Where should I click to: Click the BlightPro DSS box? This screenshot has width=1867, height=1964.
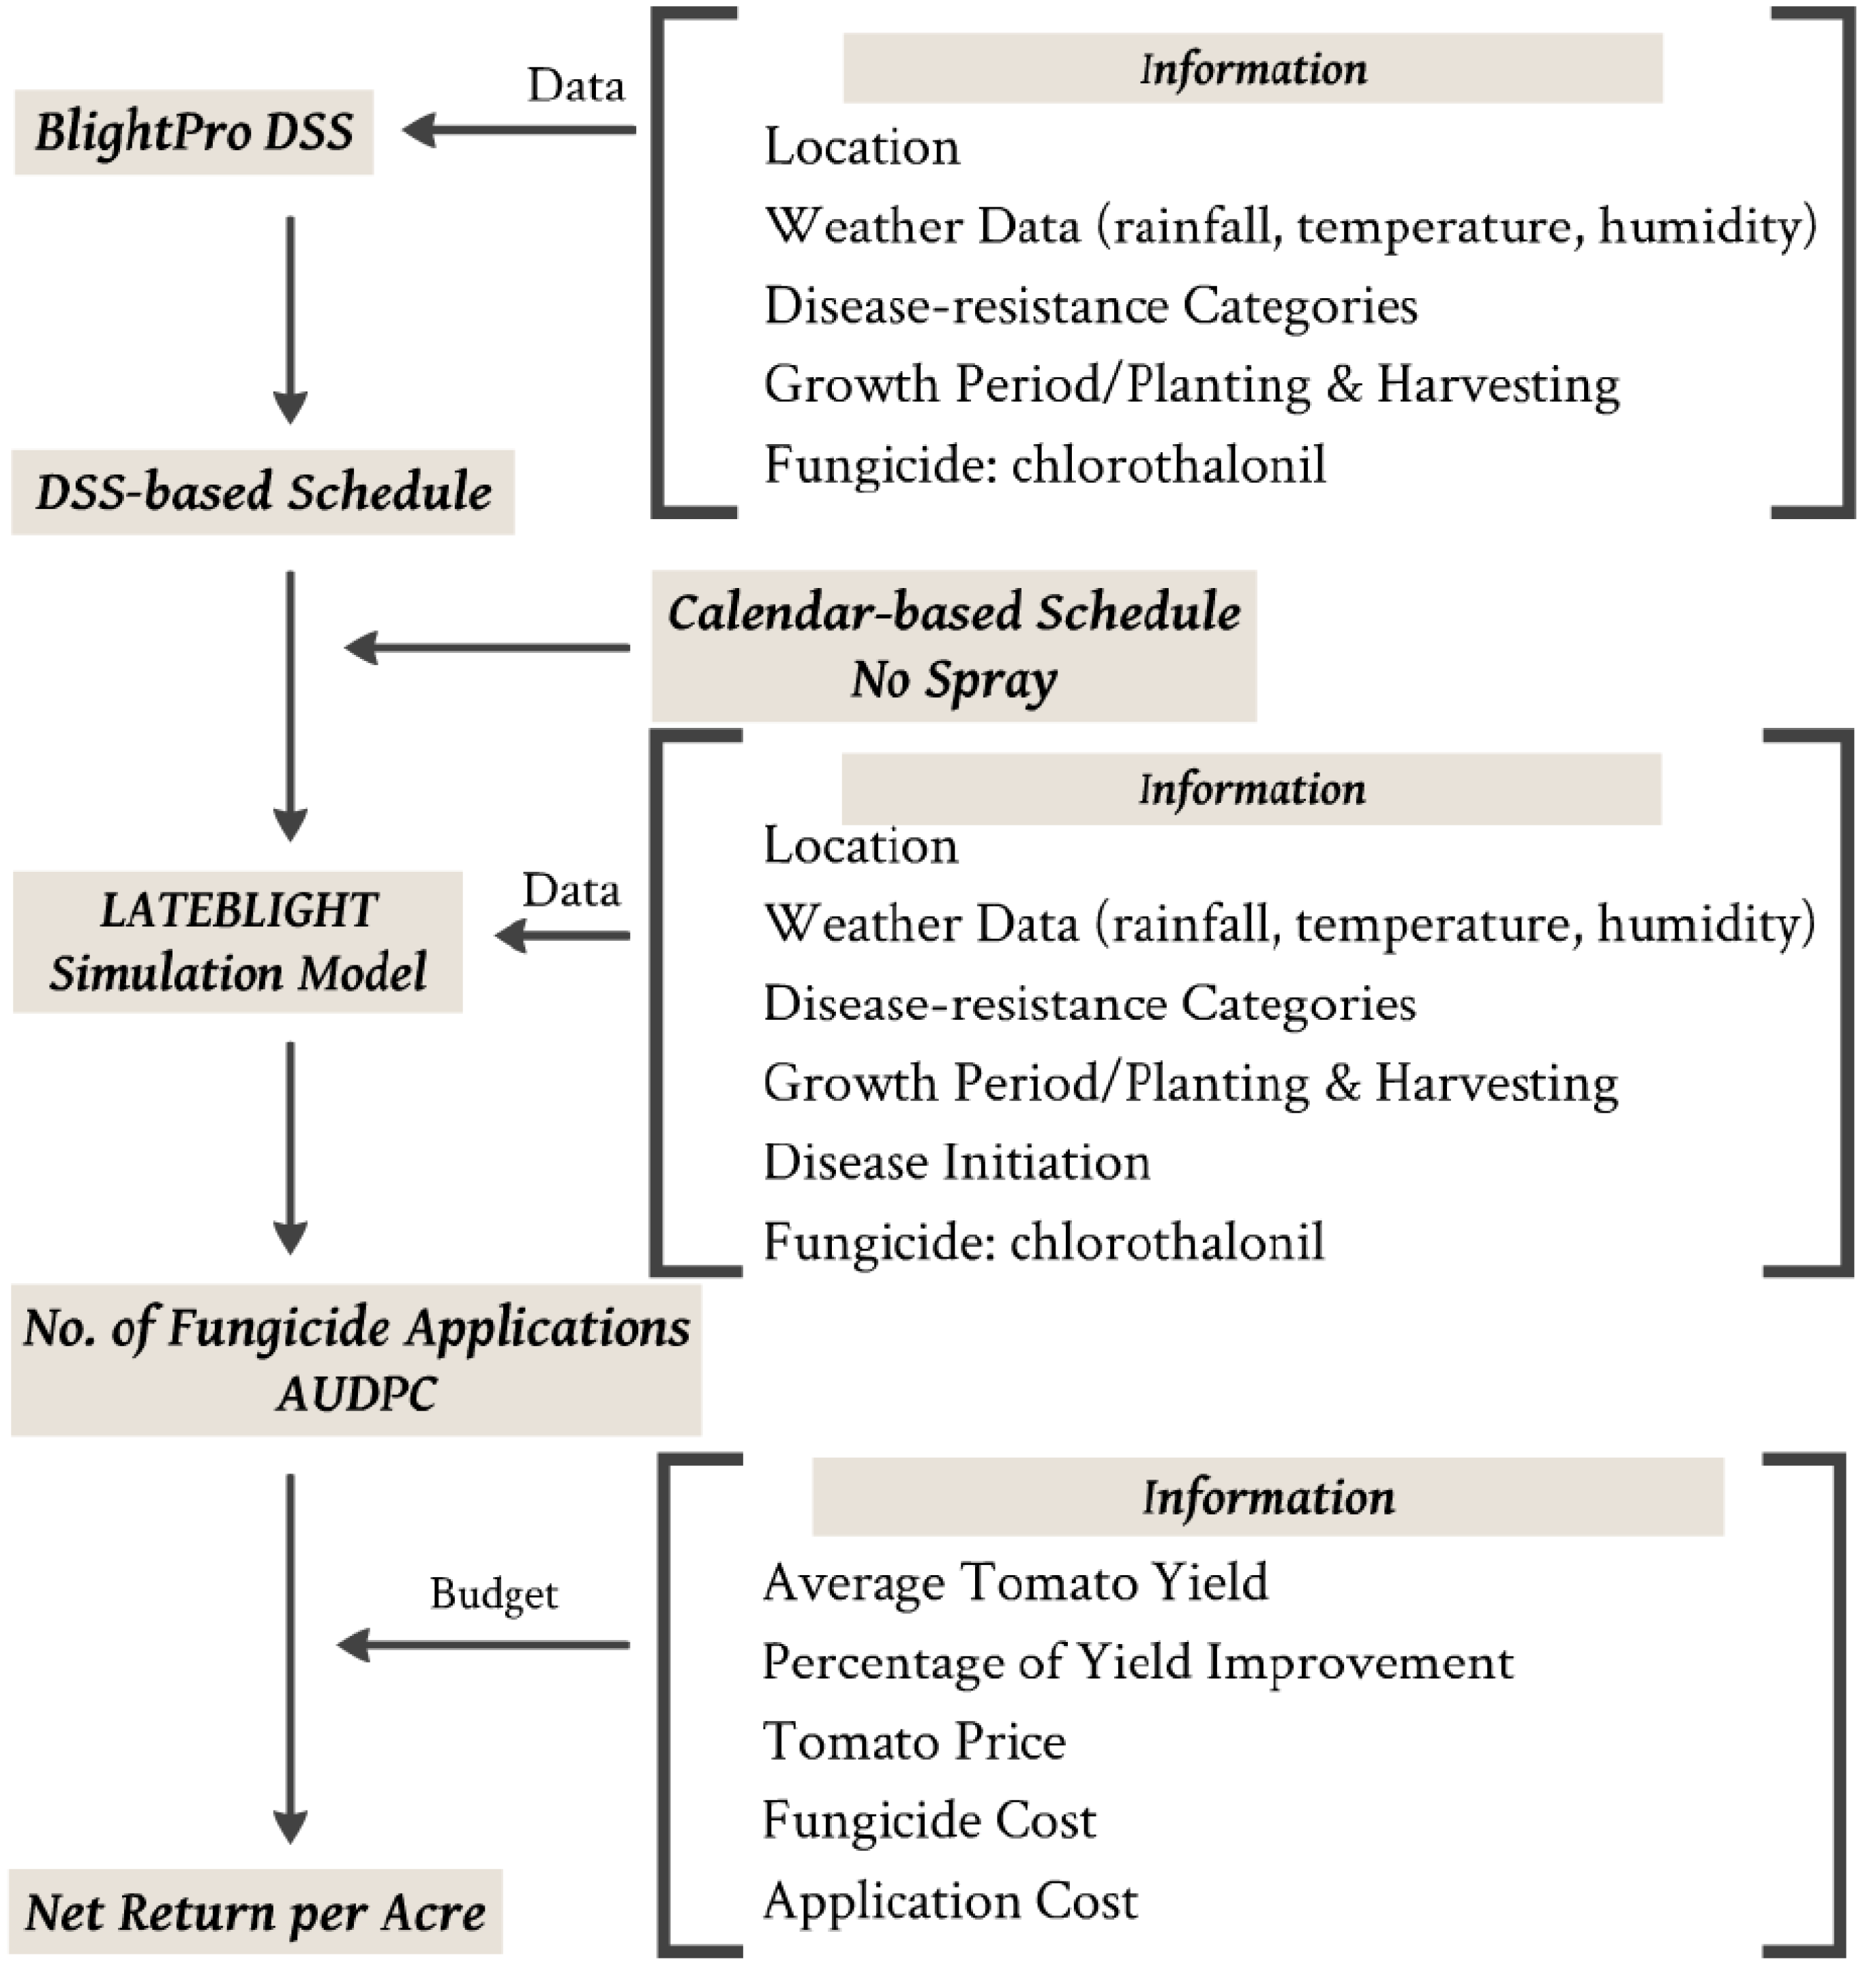click(194, 132)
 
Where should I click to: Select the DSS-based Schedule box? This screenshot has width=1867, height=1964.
click(263, 492)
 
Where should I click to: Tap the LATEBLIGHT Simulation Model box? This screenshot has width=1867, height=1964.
click(238, 941)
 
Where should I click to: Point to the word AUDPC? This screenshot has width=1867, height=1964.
click(356, 1394)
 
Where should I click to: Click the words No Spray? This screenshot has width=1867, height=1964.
click(953, 680)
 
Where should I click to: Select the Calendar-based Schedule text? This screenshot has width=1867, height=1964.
click(953, 612)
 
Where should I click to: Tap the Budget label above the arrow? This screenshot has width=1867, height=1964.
click(494, 1594)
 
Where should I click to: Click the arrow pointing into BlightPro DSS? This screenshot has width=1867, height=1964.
click(518, 130)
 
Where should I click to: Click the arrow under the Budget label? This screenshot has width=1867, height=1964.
click(483, 1645)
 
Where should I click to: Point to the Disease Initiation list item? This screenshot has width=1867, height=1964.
click(957, 1162)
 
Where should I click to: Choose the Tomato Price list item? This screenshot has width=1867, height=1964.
click(914, 1741)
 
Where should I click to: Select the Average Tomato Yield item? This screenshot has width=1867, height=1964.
click(1015, 1582)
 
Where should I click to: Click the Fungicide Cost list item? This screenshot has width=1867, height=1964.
click(929, 1821)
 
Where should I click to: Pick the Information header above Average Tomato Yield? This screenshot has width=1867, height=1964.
click(1268, 1498)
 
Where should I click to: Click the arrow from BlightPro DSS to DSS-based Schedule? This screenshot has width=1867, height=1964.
click(290, 319)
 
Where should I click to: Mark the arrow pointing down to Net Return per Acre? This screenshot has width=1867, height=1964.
click(290, 1658)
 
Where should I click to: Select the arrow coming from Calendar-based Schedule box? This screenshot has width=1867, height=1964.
click(488, 648)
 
